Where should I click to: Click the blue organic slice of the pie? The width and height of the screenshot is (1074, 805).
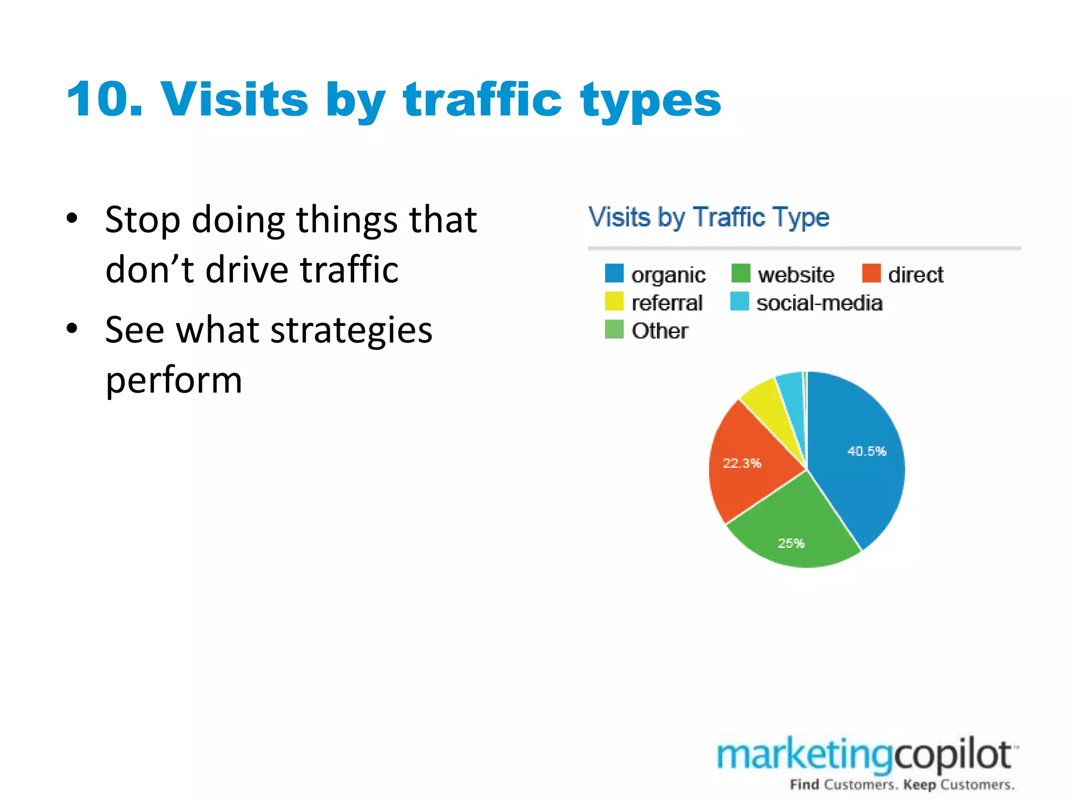pos(860,482)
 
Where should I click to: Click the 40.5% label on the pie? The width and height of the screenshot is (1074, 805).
pos(866,451)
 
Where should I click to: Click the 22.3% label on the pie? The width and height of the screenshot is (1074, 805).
pos(742,463)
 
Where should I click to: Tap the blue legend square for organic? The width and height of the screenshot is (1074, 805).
pos(614,274)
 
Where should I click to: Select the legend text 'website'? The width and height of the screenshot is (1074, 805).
pos(796,275)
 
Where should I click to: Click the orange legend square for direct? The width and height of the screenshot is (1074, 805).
pos(871,274)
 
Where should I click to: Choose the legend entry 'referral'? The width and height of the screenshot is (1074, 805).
pos(667,303)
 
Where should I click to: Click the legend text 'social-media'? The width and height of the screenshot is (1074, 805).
pos(819,303)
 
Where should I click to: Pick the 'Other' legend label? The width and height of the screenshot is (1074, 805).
pos(659,331)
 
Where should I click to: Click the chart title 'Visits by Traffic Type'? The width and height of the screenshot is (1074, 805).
pos(708,217)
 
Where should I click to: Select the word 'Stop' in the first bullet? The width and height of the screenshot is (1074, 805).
pos(143,220)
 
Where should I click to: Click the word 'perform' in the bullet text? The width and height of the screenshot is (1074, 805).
pos(174,380)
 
